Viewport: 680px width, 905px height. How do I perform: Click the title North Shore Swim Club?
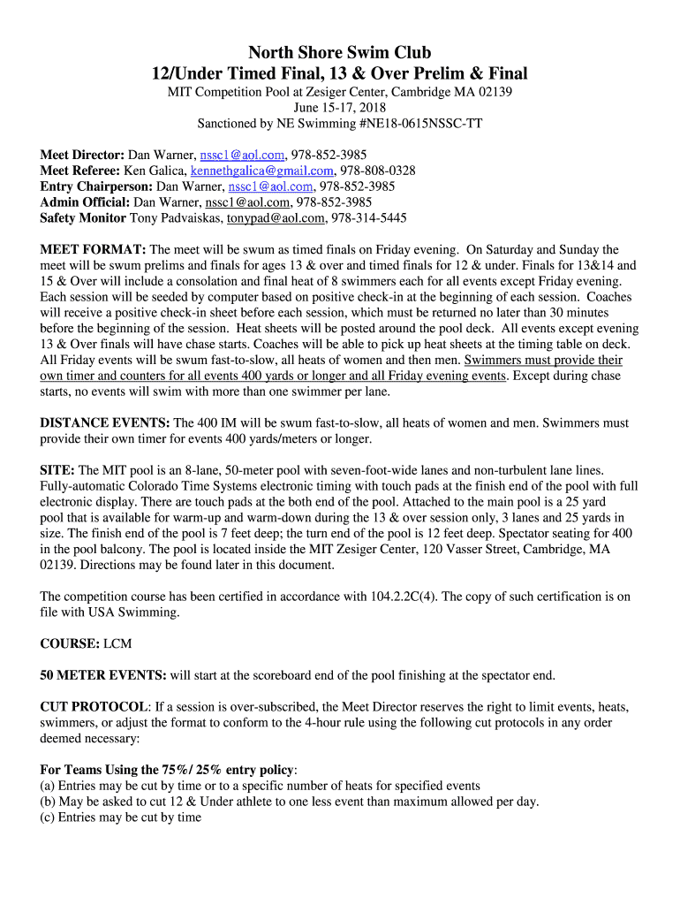click(x=340, y=53)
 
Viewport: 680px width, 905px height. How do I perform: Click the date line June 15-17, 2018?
click(x=340, y=108)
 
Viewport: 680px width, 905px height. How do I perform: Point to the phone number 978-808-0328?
click(x=378, y=171)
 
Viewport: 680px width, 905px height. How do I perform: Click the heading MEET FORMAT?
click(x=93, y=250)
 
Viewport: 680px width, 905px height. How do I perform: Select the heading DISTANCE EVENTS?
click(x=106, y=423)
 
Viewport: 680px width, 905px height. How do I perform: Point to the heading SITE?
click(x=57, y=470)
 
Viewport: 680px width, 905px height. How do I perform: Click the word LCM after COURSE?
click(x=117, y=644)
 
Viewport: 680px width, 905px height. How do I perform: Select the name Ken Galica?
click(x=155, y=171)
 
